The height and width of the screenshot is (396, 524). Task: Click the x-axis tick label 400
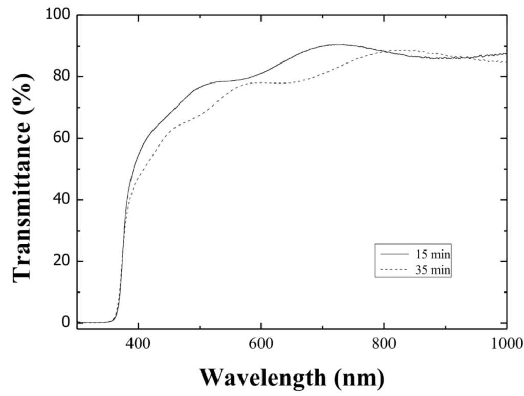coord(138,344)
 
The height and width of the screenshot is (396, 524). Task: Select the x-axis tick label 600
coord(261,344)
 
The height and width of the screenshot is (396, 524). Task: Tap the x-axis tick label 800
coord(384,344)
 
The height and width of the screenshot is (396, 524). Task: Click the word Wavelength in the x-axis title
coord(262,378)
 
